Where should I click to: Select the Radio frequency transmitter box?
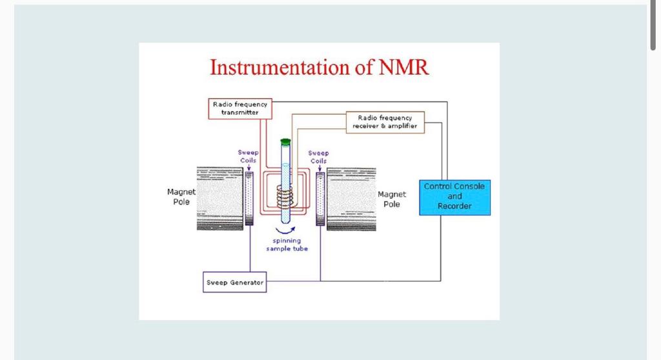point(240,108)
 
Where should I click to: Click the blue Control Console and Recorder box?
point(454,197)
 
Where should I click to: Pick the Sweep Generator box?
point(234,283)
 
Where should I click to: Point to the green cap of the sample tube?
point(285,141)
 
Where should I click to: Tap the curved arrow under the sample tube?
point(285,229)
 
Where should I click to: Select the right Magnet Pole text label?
point(392,199)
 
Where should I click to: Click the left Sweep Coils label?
point(248,156)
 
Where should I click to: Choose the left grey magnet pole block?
point(219,199)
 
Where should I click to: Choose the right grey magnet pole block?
point(351,199)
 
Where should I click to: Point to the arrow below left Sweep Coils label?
point(249,167)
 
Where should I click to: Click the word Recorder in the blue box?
point(454,206)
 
